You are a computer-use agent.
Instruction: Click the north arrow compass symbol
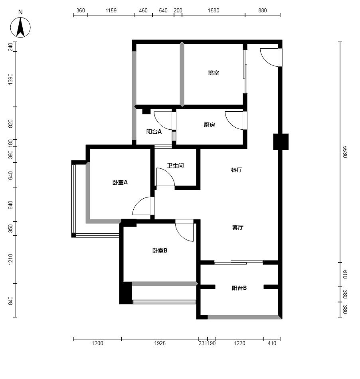pyautogui.click(x=20, y=27)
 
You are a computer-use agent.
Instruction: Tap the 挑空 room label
pyautogui.click(x=214, y=73)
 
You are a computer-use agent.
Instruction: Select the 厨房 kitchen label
pyautogui.click(x=209, y=125)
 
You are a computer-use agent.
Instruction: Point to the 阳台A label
pyautogui.click(x=154, y=132)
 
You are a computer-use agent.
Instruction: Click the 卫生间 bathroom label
pyautogui.click(x=175, y=166)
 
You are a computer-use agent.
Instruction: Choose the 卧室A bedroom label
pyautogui.click(x=120, y=182)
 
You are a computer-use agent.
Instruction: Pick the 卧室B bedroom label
pyautogui.click(x=160, y=251)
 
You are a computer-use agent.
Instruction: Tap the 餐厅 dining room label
pyautogui.click(x=236, y=170)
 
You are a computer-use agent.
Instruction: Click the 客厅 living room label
pyautogui.click(x=237, y=227)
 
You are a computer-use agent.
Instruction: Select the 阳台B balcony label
pyautogui.click(x=239, y=288)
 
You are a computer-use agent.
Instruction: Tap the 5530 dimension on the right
pyautogui.click(x=345, y=152)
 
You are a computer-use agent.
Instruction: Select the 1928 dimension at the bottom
pyautogui.click(x=160, y=343)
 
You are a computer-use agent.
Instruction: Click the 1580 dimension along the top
pyautogui.click(x=214, y=10)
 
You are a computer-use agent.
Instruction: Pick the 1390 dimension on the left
pyautogui.click(x=10, y=79)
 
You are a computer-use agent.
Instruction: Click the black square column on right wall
pyautogui.click(x=281, y=142)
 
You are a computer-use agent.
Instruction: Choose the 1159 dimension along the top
pyautogui.click(x=111, y=10)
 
